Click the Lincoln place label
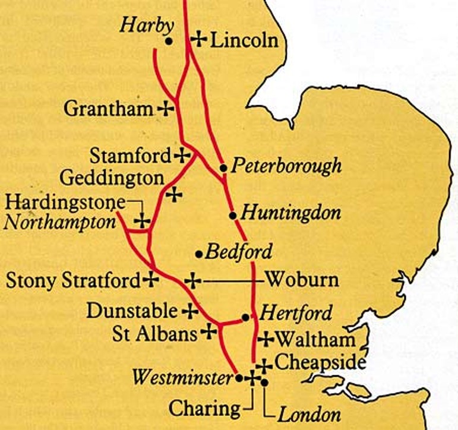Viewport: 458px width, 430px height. click(x=244, y=40)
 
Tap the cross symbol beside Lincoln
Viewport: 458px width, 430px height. click(x=198, y=40)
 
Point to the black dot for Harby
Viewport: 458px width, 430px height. click(x=169, y=42)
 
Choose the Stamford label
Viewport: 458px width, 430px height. click(x=130, y=156)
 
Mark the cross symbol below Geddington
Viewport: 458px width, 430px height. click(x=173, y=195)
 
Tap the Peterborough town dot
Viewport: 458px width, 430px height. click(x=223, y=168)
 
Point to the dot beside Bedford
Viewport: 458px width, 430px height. click(x=199, y=254)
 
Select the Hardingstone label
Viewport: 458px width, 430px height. click(x=65, y=202)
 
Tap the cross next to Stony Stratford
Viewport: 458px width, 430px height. click(x=152, y=279)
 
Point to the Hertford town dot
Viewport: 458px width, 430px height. click(x=245, y=317)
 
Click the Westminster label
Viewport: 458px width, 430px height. click(x=182, y=377)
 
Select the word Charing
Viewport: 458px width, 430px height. click(x=205, y=409)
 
